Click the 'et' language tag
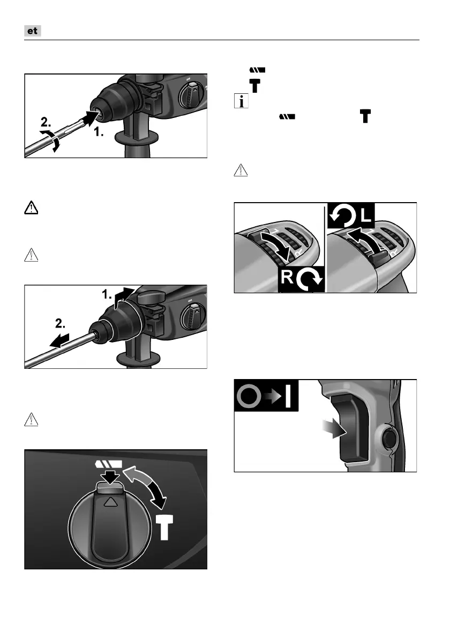[x=33, y=31]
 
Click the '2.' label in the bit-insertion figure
[x=46, y=122]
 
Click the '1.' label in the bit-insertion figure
[x=99, y=132]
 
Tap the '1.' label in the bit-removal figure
[x=107, y=294]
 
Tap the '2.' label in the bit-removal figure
[x=60, y=324]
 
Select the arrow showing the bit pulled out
[x=59, y=340]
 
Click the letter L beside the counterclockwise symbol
[x=366, y=216]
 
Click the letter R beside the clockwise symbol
[x=287, y=277]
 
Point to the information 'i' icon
[x=241, y=101]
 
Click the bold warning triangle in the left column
[x=31, y=209]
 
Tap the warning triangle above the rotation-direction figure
[x=241, y=170]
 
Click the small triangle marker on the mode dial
[x=110, y=502]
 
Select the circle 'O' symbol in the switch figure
[x=249, y=396]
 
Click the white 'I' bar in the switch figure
[x=288, y=396]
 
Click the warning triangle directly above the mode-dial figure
[x=31, y=419]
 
